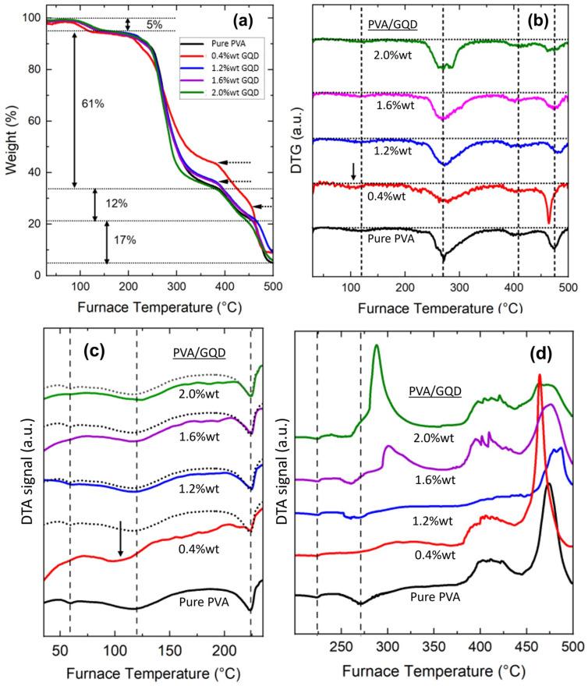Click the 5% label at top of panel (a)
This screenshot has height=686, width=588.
click(154, 25)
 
